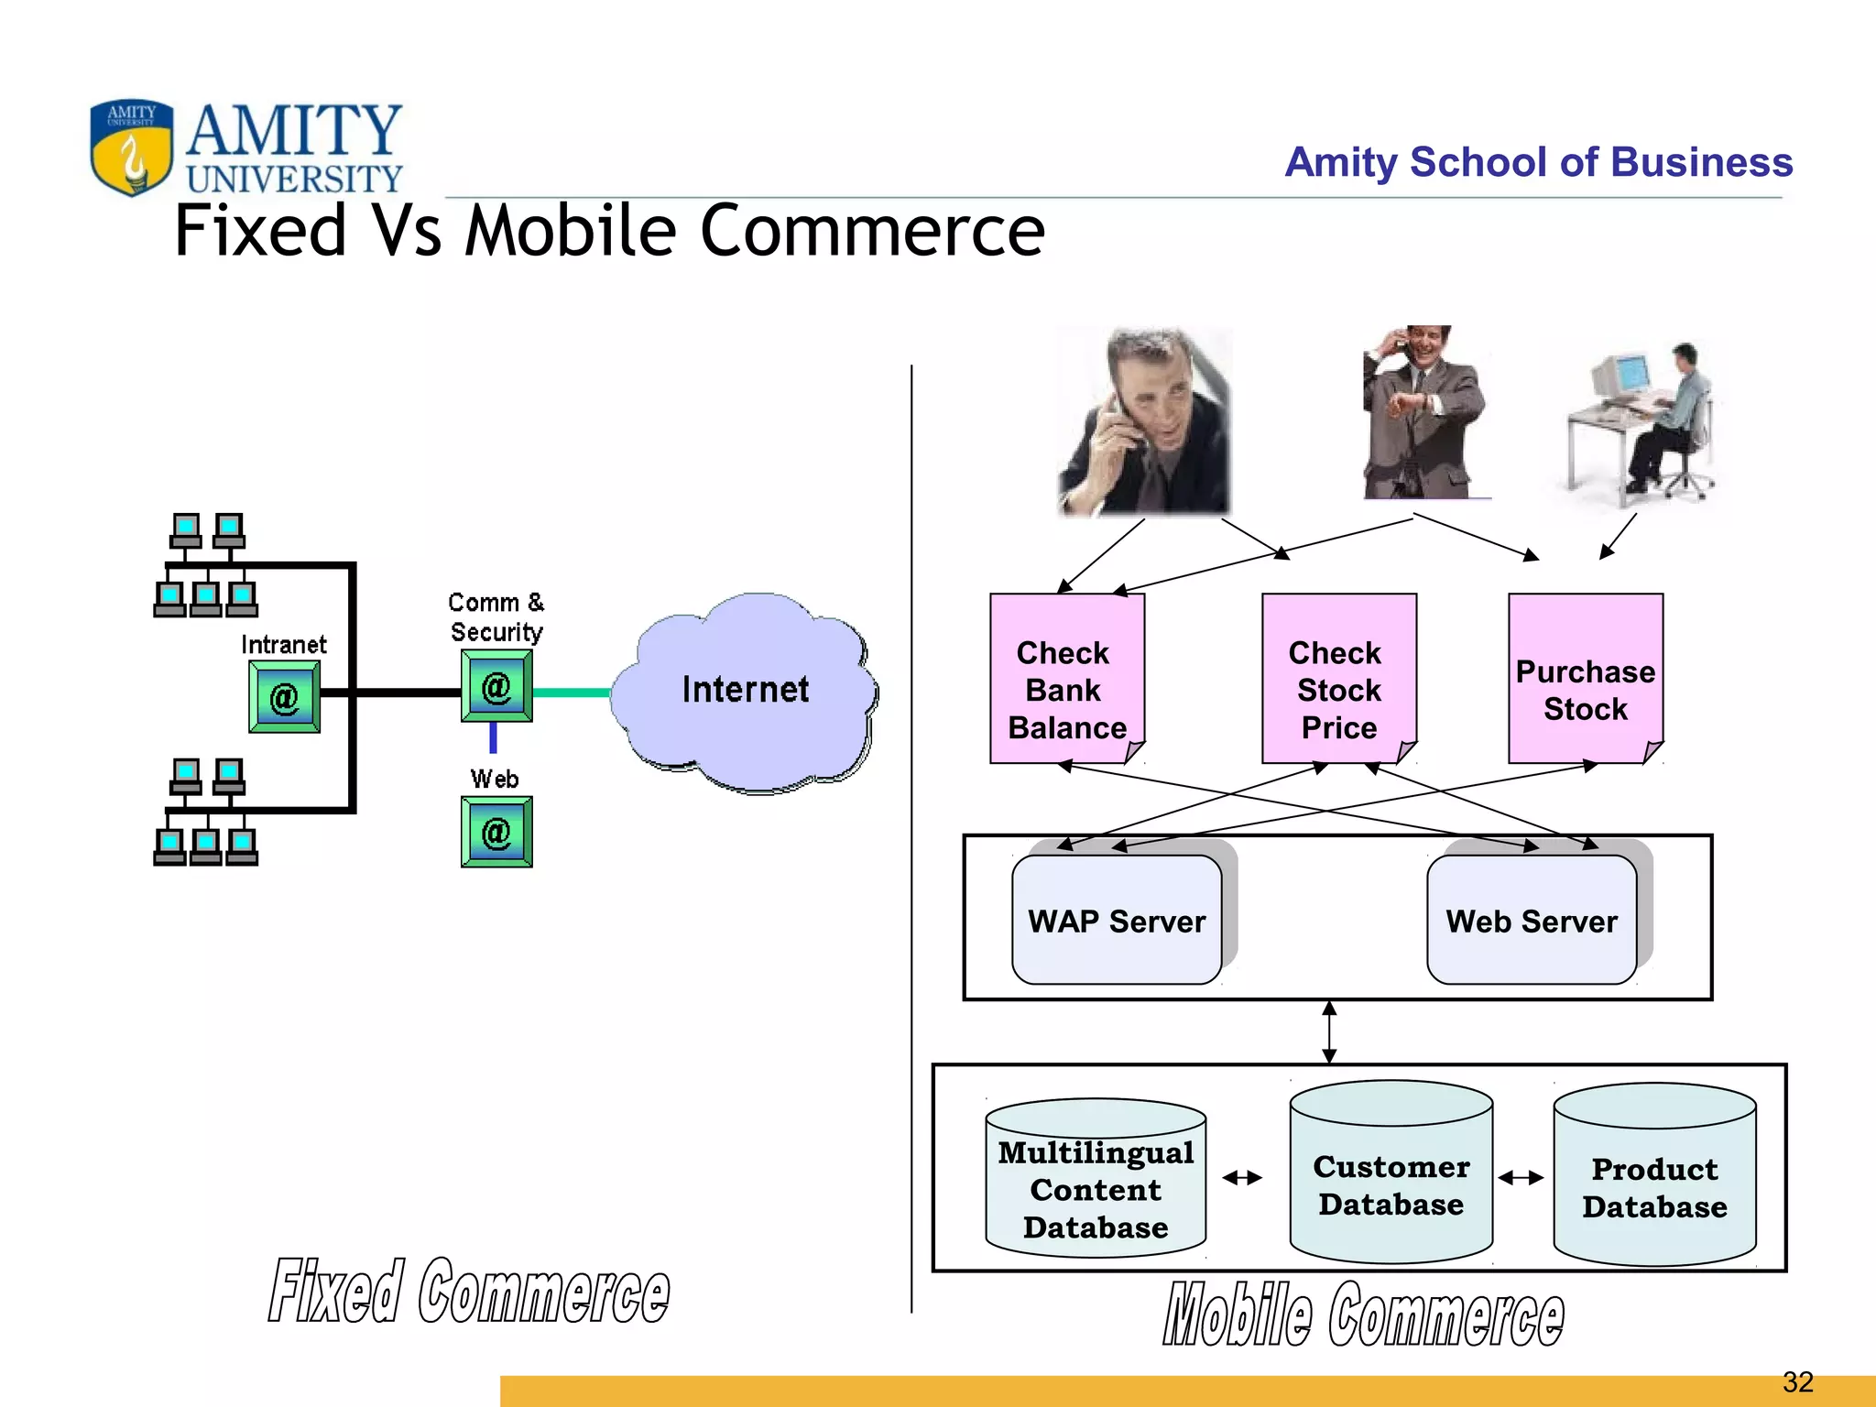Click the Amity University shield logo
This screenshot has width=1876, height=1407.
(x=131, y=147)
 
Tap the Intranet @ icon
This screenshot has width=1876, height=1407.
(x=284, y=698)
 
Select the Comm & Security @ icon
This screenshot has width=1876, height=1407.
(x=496, y=687)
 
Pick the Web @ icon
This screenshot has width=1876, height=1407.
(x=496, y=832)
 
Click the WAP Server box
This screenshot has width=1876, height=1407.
(x=1116, y=920)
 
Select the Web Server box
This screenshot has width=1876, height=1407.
(x=1531, y=920)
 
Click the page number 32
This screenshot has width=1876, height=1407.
(x=1797, y=1381)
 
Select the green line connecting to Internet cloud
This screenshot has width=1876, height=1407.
(x=572, y=693)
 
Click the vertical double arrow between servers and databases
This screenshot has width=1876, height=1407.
(x=1329, y=1032)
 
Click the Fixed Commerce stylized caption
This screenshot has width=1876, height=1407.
(x=469, y=1292)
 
